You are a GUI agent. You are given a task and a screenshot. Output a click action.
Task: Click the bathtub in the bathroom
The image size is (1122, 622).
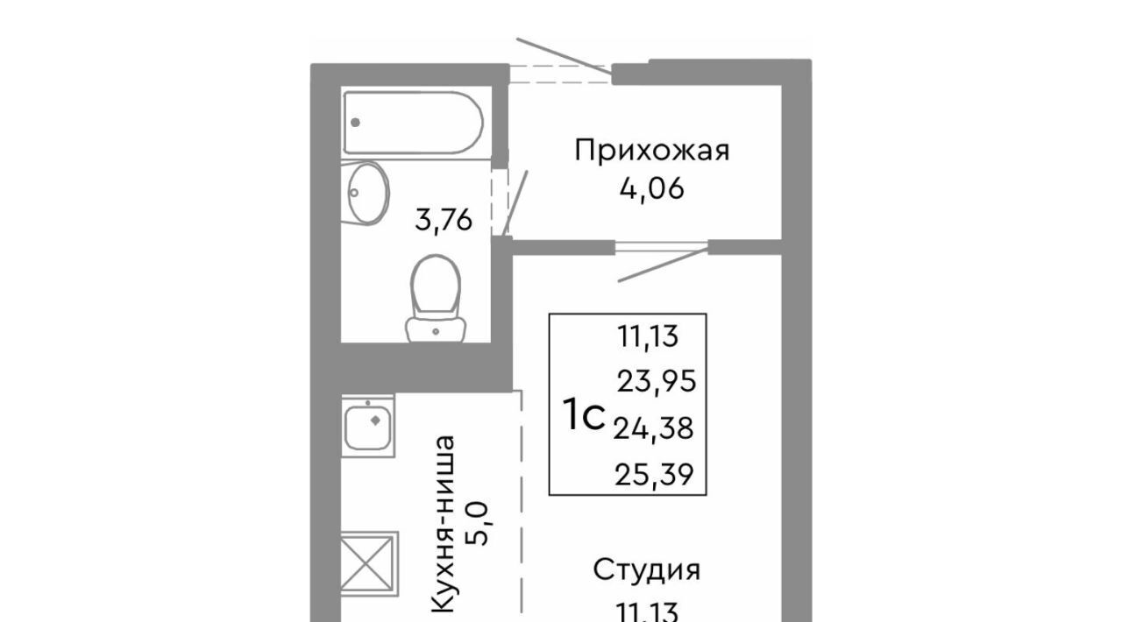[x=413, y=123]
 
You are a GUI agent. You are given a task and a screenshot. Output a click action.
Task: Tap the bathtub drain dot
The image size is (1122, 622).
[x=356, y=122]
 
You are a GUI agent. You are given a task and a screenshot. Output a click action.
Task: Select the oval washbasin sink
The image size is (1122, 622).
[x=367, y=194]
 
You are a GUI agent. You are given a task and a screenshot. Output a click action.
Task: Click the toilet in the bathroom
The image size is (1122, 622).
[x=436, y=299]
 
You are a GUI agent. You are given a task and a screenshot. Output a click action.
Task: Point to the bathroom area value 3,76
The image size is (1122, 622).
[x=444, y=221]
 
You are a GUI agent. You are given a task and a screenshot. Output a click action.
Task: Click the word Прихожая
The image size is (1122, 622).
[x=651, y=150]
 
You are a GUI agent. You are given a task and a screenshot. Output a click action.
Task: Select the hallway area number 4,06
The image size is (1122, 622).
[x=651, y=190]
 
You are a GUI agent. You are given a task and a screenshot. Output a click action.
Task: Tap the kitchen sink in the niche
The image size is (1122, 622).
[x=368, y=426]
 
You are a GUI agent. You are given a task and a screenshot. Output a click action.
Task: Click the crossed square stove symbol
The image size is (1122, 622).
[x=370, y=564]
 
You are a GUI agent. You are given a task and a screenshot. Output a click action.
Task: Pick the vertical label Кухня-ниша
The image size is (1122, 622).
[x=444, y=524]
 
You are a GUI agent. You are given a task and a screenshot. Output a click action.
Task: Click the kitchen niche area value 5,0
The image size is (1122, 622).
[x=478, y=524]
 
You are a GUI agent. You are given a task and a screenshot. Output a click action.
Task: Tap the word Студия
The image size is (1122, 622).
[x=647, y=570]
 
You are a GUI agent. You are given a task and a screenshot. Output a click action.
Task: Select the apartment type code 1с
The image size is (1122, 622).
[x=584, y=414]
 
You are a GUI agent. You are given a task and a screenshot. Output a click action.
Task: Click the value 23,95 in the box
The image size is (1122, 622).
[x=657, y=382]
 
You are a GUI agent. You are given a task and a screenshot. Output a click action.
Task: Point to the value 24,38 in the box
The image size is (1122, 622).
[x=654, y=428]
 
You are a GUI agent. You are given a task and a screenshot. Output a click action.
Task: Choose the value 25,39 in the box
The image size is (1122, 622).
[x=654, y=474]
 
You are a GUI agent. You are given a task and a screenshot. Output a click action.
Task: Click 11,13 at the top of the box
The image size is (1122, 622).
[x=648, y=336]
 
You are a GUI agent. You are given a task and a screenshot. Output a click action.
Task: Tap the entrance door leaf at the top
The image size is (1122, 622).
[x=565, y=57]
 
